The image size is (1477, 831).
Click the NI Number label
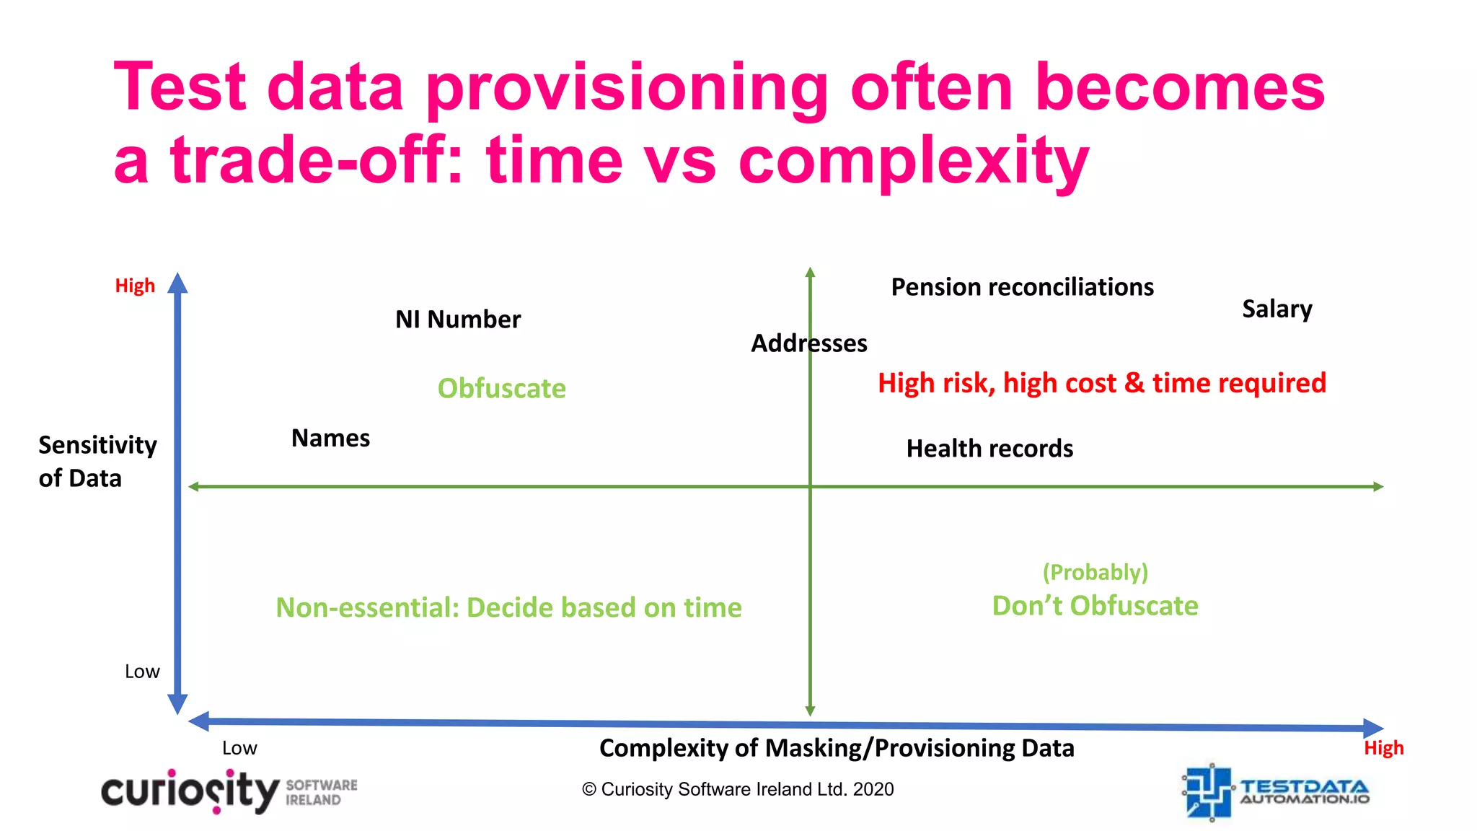click(x=458, y=320)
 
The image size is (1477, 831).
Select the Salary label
click(x=1277, y=309)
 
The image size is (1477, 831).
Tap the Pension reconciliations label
click(x=1022, y=287)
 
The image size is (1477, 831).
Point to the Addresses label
click(x=808, y=343)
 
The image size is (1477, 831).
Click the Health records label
click(x=989, y=449)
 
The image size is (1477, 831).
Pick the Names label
click(x=330, y=438)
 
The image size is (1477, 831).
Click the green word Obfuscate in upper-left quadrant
click(x=501, y=389)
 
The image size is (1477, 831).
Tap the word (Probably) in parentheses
click(x=1095, y=572)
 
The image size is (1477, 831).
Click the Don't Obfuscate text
click(x=1095, y=606)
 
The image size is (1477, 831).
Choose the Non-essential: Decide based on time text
click(x=508, y=607)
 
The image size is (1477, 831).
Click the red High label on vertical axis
click(x=135, y=286)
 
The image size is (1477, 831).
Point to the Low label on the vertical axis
click(x=142, y=672)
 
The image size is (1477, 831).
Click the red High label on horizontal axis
click(x=1383, y=748)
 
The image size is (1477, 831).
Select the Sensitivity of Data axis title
click(x=97, y=462)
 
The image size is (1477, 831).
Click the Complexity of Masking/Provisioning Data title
click(x=837, y=748)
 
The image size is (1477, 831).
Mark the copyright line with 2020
click(x=738, y=789)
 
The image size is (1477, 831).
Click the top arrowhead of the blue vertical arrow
click(x=177, y=283)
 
